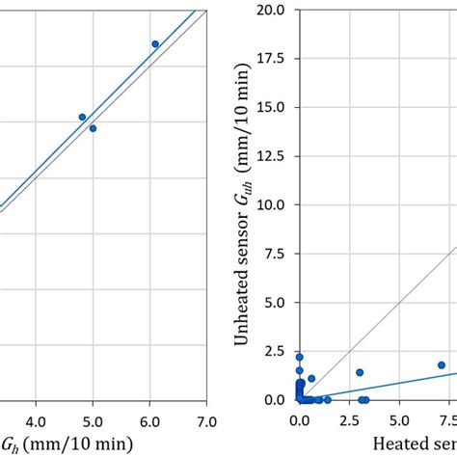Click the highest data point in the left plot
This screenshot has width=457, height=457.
tap(154, 44)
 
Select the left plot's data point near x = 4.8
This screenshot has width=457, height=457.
tap(82, 117)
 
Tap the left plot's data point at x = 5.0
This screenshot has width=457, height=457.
tap(93, 128)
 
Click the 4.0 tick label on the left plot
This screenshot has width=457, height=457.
tap(36, 421)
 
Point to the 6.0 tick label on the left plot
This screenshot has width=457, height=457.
tap(149, 421)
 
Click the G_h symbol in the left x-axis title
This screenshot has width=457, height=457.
tap(10, 444)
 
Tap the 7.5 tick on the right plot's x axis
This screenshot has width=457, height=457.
tap(445, 421)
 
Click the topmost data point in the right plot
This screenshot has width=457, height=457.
tap(299, 357)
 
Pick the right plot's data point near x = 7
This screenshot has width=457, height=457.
tap(442, 365)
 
